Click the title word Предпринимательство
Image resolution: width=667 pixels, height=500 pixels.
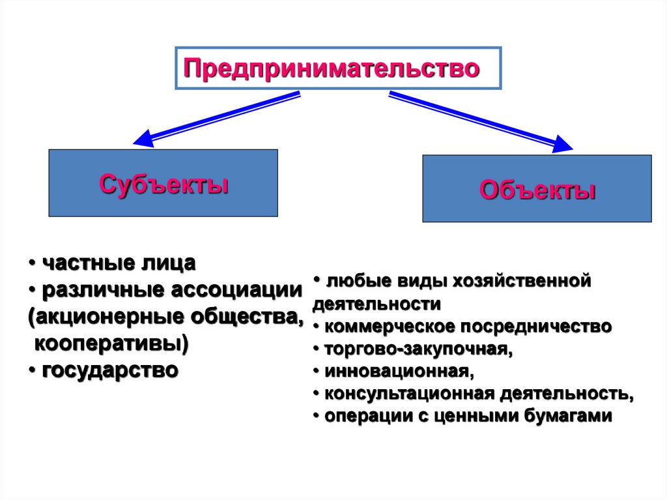pyautogui.click(x=332, y=68)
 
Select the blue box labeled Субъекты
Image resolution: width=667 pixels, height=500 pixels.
pyautogui.click(x=163, y=183)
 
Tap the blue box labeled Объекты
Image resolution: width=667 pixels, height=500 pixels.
pyautogui.click(x=537, y=189)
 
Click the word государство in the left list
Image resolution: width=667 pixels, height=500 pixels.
pyautogui.click(x=110, y=370)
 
